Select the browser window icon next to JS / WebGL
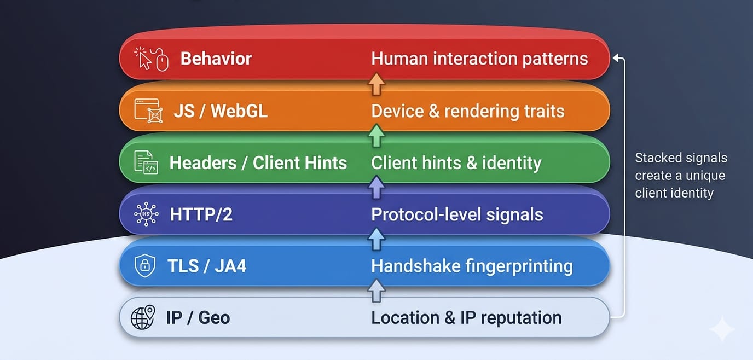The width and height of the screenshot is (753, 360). click(x=147, y=111)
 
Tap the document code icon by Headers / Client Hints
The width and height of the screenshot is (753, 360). click(x=146, y=162)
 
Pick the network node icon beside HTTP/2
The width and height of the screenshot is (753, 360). click(x=146, y=214)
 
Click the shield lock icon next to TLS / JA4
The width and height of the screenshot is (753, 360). click(x=145, y=266)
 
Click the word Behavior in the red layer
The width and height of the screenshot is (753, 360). click(x=216, y=59)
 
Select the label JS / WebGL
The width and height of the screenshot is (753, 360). click(x=221, y=111)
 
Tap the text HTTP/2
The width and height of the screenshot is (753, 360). click(x=201, y=214)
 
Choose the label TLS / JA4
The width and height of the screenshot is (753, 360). click(x=207, y=266)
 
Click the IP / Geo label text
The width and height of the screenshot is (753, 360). click(x=198, y=318)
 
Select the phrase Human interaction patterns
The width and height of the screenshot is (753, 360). click(x=479, y=59)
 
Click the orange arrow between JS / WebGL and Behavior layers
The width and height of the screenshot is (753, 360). click(x=376, y=85)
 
